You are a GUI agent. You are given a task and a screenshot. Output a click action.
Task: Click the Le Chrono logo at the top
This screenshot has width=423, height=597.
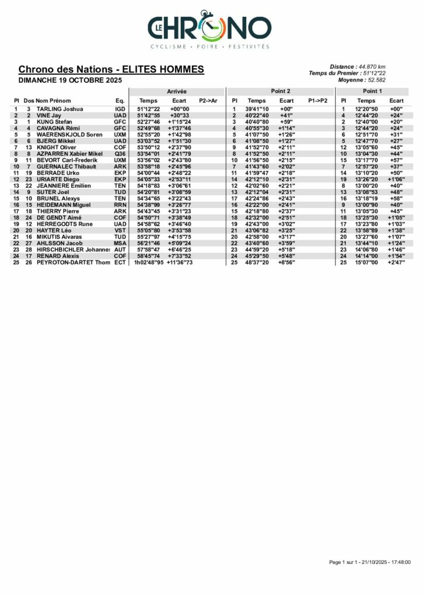coord(209,29)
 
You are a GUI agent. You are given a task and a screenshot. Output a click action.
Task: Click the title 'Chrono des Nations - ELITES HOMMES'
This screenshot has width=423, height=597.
coord(111,69)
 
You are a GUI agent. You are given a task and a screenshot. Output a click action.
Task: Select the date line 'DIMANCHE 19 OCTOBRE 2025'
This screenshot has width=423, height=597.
coord(69,80)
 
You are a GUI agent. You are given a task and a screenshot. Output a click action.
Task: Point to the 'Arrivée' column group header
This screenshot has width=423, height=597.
coord(177,92)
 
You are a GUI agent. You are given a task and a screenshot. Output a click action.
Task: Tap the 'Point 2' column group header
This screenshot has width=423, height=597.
coord(281,92)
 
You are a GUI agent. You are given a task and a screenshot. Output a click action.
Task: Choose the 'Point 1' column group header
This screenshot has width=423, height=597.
coord(372,92)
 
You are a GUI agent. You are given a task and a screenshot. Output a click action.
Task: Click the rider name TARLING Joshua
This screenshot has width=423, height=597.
coord(60,109)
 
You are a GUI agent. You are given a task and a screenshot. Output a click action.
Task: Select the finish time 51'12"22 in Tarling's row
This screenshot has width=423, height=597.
coord(148,109)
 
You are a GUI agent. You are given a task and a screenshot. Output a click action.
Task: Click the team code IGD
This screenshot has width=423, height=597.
coord(120,109)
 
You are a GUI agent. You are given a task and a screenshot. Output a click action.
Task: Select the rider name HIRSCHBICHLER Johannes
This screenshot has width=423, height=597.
coord(74,250)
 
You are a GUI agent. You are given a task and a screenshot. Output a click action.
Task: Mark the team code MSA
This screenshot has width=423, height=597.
coord(120,243)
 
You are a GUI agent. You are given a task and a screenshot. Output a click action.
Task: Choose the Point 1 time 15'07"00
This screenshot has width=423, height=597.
coord(366,263)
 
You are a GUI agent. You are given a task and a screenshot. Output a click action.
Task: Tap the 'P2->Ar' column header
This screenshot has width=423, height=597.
coord(208,101)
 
